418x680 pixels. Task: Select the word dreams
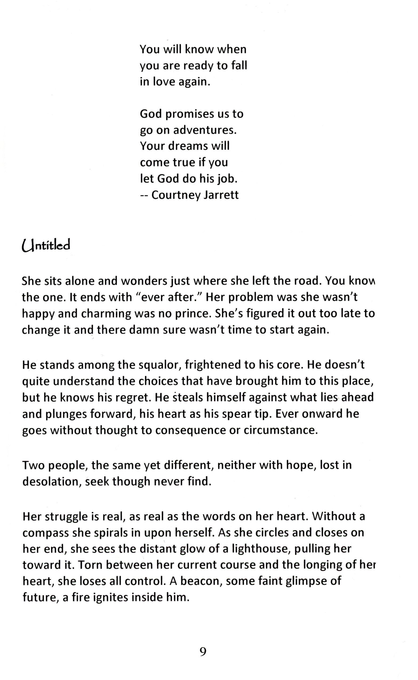[x=188, y=146]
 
